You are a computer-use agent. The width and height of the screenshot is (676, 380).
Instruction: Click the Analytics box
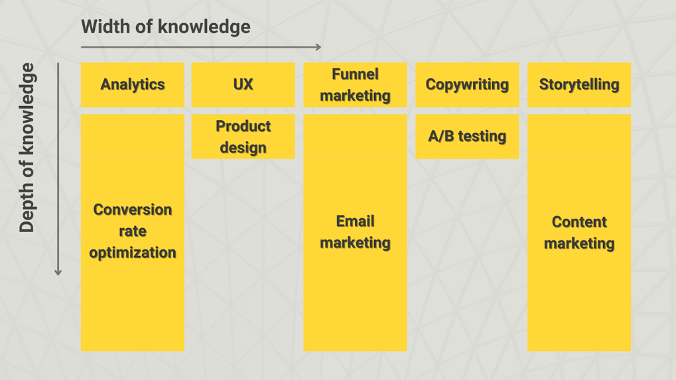(x=133, y=85)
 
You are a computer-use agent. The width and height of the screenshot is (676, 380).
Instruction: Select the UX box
(x=243, y=85)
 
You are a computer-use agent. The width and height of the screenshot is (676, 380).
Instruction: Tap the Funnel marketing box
(x=355, y=85)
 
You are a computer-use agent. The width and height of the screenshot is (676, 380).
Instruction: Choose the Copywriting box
(x=467, y=85)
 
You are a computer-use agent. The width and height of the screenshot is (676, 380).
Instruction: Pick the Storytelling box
(x=579, y=85)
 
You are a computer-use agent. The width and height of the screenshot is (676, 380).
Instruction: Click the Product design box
(x=243, y=137)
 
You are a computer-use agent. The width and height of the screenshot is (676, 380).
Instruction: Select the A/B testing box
(x=467, y=137)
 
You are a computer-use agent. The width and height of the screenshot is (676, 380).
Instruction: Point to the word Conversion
(x=133, y=210)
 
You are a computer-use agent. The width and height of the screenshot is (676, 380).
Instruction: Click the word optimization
(x=133, y=253)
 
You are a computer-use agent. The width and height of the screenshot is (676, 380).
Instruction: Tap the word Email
(x=355, y=221)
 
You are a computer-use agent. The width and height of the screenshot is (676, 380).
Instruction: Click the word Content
(x=579, y=222)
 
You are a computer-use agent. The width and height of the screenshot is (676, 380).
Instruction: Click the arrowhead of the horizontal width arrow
(x=318, y=47)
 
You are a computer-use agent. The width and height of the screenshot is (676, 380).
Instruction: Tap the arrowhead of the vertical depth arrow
(x=58, y=273)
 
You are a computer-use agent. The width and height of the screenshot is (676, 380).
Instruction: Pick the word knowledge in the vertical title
(x=27, y=109)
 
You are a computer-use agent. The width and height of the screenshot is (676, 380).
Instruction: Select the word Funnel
(x=355, y=74)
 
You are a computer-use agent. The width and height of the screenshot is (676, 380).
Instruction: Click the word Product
(x=243, y=126)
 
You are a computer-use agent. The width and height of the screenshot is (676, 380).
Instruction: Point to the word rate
(x=133, y=231)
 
